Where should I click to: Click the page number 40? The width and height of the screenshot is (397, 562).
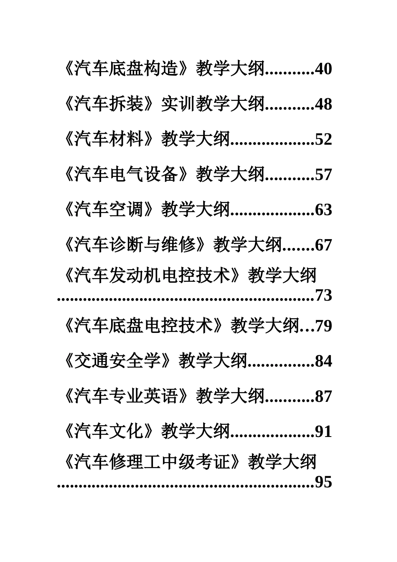click(323, 69)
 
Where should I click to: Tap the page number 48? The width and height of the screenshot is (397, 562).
click(323, 104)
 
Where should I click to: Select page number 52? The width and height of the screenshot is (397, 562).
click(323, 139)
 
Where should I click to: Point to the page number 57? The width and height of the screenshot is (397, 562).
click(323, 174)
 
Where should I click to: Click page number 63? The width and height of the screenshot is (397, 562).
click(323, 209)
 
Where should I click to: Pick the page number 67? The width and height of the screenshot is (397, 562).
click(323, 245)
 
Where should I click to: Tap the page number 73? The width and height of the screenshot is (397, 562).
click(323, 296)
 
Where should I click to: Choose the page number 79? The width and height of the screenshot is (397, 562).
click(323, 326)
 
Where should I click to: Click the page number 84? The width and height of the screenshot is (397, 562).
click(323, 361)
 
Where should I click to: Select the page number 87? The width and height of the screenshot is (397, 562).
click(323, 396)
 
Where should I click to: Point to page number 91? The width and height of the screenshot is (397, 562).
click(323, 431)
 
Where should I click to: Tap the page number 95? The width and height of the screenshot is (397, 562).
click(323, 482)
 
